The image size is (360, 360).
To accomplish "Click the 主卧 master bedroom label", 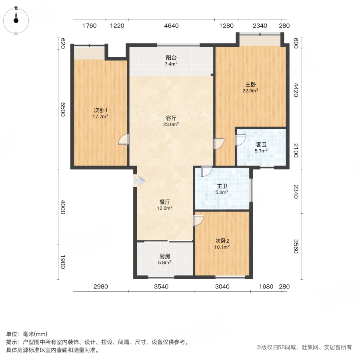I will coord(251,84).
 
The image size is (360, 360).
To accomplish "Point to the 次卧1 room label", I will coord(100,110).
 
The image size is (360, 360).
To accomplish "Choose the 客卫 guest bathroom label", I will coord(261,144).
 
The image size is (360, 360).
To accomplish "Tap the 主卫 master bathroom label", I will coord(222,186).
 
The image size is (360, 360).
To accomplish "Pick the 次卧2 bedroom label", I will coord(222,241).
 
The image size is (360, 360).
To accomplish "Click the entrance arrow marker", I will coord(138,181).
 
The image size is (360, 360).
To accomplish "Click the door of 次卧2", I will coord(199,220).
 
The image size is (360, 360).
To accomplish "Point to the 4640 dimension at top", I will coord(171,26).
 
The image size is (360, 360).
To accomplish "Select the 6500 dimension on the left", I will coord(63,109).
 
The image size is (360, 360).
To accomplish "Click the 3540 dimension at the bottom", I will coord(161,286).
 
